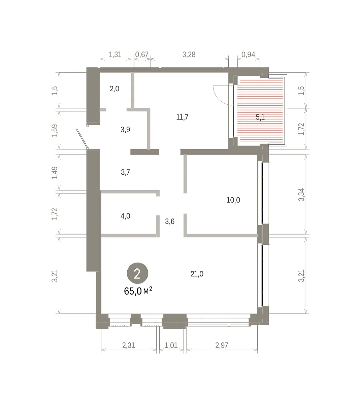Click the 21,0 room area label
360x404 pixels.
click(x=197, y=274)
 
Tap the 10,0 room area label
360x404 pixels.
click(x=233, y=200)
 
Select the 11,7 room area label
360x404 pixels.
click(x=182, y=117)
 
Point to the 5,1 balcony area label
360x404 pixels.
click(x=260, y=117)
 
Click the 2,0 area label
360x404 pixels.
click(x=114, y=89)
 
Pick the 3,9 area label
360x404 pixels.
click(x=125, y=130)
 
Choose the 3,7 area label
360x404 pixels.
click(x=126, y=172)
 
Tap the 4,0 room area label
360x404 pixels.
click(x=126, y=216)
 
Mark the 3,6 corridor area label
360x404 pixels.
click(x=170, y=221)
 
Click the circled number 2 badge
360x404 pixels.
click(x=137, y=273)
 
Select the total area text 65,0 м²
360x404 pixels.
click(x=138, y=291)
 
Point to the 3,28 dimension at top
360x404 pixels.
click(x=189, y=55)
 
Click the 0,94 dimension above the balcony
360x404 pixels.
click(x=248, y=55)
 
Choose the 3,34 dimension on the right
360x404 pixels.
click(x=301, y=195)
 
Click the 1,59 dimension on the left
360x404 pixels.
click(x=55, y=131)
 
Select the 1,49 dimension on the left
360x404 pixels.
click(x=55, y=173)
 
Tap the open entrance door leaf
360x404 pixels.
click(x=82, y=139)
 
